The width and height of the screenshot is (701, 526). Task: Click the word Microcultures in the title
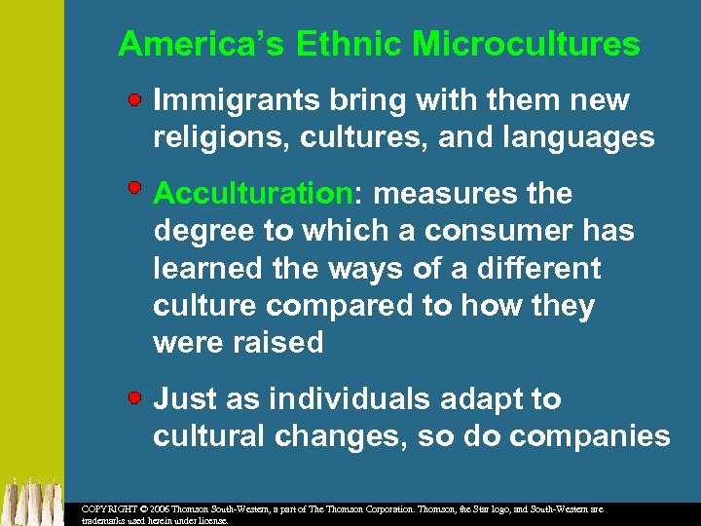click(x=526, y=44)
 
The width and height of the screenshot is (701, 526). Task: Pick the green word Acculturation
click(x=251, y=194)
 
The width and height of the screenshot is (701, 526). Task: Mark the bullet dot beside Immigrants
click(x=138, y=98)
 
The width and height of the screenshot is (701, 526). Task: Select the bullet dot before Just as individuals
click(x=138, y=397)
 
